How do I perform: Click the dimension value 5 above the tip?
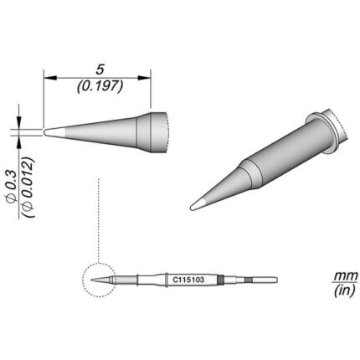(x=100, y=69)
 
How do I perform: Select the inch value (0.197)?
(x=100, y=86)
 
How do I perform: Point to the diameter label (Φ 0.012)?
(x=28, y=188)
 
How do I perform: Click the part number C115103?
(x=188, y=280)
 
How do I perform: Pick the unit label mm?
(x=346, y=275)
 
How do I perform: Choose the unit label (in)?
(x=345, y=291)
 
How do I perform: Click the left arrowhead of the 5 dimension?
(x=50, y=78)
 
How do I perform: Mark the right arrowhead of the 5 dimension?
(x=144, y=78)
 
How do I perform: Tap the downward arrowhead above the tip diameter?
(x=19, y=123)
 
